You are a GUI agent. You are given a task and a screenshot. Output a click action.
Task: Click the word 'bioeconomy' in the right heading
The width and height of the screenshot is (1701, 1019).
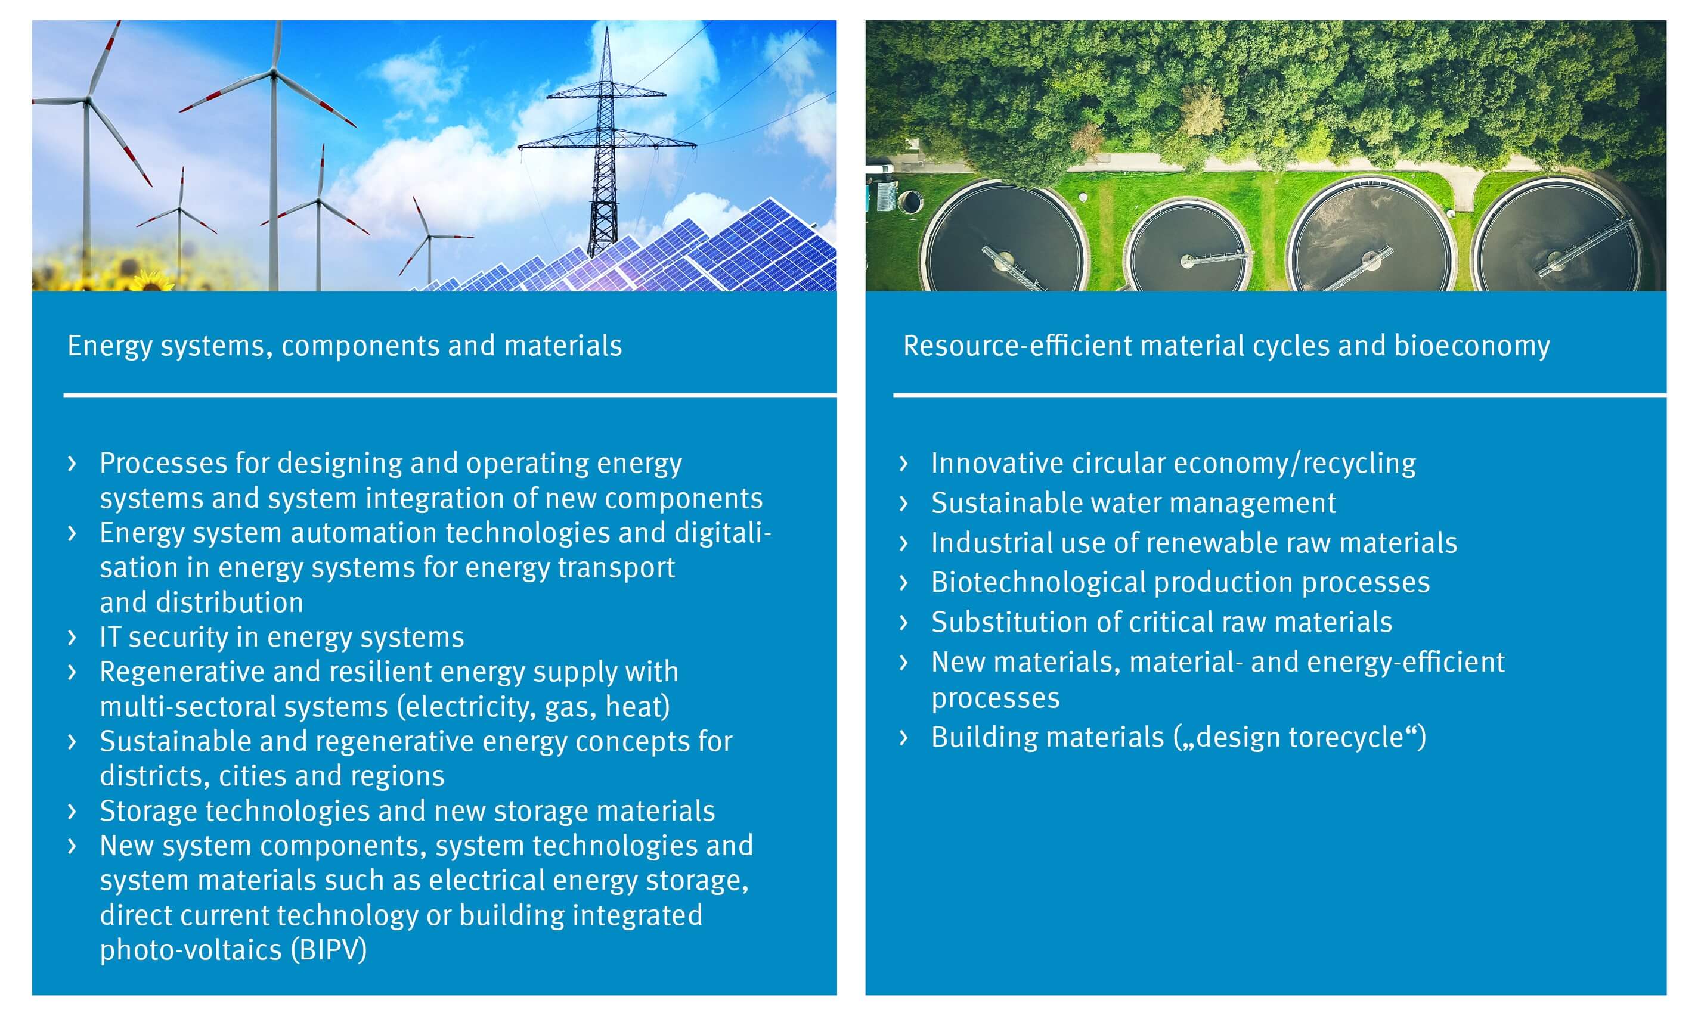pyautogui.click(x=1471, y=346)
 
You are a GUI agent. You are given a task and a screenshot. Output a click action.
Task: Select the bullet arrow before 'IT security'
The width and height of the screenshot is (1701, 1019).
pyautogui.click(x=72, y=637)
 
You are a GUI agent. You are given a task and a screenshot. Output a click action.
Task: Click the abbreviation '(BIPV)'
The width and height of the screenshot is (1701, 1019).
pyautogui.click(x=329, y=950)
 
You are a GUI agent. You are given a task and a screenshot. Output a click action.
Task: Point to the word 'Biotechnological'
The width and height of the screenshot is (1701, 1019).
pyautogui.click(x=1037, y=583)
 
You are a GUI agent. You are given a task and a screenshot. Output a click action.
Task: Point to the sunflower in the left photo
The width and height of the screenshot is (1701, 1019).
pyautogui.click(x=153, y=279)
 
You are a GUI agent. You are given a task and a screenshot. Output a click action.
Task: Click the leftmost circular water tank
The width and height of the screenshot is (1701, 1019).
pyautogui.click(x=1005, y=238)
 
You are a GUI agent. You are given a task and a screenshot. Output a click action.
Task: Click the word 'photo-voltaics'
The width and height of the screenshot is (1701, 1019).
pyautogui.click(x=191, y=950)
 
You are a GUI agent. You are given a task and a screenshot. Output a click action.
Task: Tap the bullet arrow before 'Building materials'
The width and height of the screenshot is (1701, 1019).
pyautogui.click(x=904, y=738)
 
